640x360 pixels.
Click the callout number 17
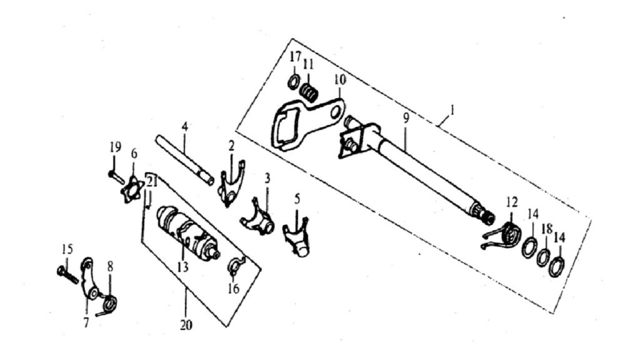pos(296,56)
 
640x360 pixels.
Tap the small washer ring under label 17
pos(293,82)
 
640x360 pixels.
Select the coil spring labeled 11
pos(309,92)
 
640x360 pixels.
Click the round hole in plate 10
pos(336,111)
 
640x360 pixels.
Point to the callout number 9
pos(406,118)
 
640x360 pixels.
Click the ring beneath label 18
pos(543,257)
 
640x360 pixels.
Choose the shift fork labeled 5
pos(297,239)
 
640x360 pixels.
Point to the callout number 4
pos(185,126)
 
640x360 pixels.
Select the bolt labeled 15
pos(67,274)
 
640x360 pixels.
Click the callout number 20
pos(186,325)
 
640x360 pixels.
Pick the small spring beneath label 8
pos(107,305)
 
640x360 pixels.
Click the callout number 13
pos(183,267)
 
